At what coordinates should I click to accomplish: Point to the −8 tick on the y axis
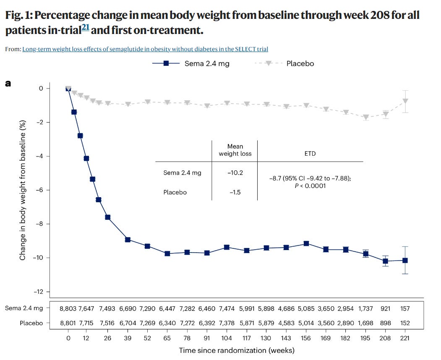coord(41,224)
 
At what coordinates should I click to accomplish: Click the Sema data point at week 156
coord(306,243)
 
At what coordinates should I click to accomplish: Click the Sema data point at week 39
coord(128,240)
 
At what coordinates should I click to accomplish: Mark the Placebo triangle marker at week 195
coord(366,117)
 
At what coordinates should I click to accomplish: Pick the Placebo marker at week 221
coord(405,101)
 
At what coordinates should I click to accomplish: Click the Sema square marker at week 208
coord(386,261)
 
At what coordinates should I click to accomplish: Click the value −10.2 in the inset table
coord(235,172)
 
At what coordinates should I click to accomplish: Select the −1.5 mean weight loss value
coord(235,192)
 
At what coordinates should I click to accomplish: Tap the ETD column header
coord(310,154)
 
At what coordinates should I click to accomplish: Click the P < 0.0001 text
coord(310,186)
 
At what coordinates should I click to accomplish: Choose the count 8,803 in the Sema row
coord(68,308)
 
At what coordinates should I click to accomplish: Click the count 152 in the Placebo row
coord(405,323)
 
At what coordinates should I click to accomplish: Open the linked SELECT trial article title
coord(145,49)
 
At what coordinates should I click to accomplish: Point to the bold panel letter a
coord(8,83)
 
